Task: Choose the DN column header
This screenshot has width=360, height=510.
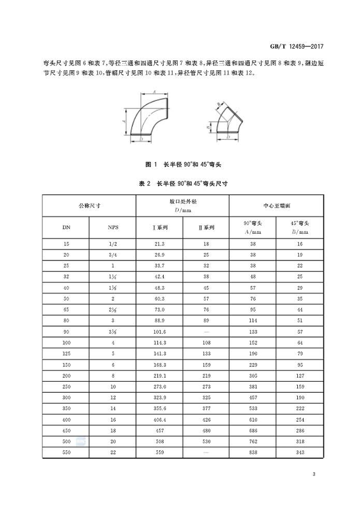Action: (x=66, y=227)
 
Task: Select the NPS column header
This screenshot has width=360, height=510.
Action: (x=113, y=227)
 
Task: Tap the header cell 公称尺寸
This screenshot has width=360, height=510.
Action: (x=89, y=205)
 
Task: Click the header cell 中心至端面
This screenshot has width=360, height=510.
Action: (x=276, y=205)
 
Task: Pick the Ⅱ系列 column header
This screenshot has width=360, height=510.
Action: (x=206, y=227)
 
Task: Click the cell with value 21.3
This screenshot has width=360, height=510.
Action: (x=160, y=245)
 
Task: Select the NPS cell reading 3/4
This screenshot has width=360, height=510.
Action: (x=113, y=255)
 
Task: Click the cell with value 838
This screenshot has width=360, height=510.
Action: (x=252, y=452)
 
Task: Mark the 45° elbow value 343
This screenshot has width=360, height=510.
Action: (x=299, y=452)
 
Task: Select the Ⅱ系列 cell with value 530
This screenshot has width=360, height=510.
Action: (x=206, y=442)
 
